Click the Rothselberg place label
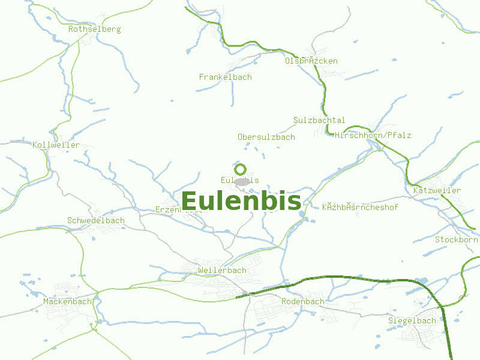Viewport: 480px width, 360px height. click(95, 29)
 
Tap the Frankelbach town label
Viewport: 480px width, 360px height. click(226, 77)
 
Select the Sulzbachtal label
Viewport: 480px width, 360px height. click(320, 120)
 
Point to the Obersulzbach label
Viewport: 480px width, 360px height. click(266, 137)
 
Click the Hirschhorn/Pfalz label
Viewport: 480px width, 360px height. click(373, 135)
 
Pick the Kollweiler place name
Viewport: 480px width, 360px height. click(56, 145)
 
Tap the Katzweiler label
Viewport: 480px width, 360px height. click(437, 190)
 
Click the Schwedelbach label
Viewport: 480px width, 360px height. click(96, 220)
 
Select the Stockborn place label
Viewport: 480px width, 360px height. click(457, 239)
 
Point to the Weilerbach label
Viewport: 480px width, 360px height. click(222, 270)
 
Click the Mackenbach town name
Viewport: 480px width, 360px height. click(67, 301)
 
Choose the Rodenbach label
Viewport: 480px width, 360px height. click(303, 301)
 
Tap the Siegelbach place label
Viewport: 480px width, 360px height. click(412, 320)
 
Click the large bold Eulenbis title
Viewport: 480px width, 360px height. click(241, 201)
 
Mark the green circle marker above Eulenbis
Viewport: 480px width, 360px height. click(241, 169)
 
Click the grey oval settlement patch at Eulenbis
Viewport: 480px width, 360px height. click(241, 181)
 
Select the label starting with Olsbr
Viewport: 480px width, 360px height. click(311, 61)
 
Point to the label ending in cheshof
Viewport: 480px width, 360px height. click(361, 207)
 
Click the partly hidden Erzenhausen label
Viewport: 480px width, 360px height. click(169, 209)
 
